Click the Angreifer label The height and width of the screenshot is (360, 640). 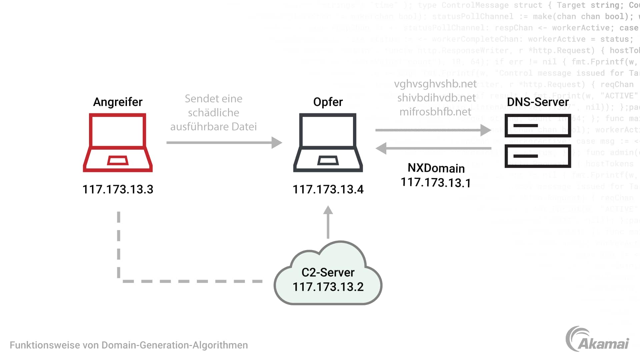tap(118, 102)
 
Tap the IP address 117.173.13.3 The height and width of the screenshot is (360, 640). tap(118, 189)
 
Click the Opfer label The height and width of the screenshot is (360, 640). tap(328, 102)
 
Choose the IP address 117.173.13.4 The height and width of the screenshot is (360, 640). tap(328, 189)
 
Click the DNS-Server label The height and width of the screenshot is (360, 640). tap(538, 102)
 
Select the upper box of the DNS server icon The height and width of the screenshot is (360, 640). tap(538, 126)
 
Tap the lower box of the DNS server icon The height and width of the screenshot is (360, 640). tap(538, 156)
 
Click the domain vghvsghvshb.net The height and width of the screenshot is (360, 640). tap(435, 84)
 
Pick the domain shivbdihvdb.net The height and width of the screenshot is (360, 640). tap(436, 98)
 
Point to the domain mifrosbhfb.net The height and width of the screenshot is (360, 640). tap(435, 112)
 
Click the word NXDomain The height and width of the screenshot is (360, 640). tap(436, 168)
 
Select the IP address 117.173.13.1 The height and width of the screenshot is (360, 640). tap(436, 183)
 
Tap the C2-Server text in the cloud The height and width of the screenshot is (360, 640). tap(328, 272)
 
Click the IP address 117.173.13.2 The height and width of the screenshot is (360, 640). tap(328, 287)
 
